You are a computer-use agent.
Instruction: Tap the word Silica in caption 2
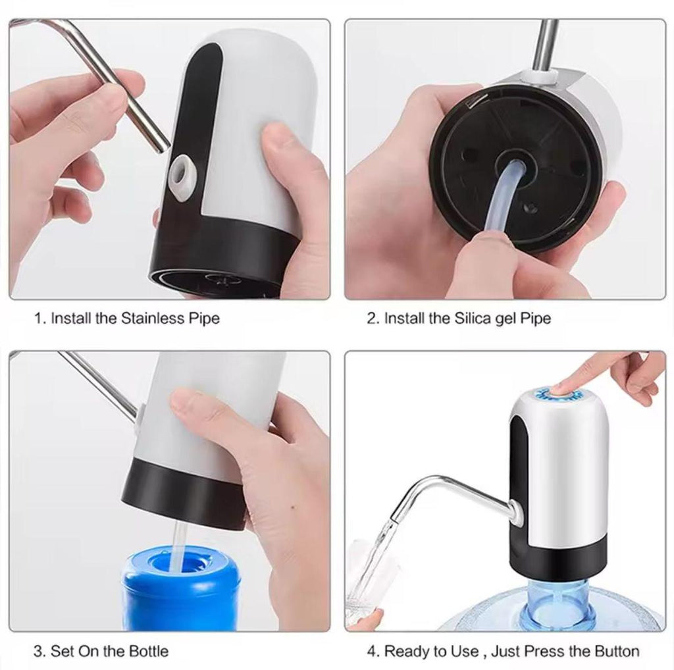[471, 319]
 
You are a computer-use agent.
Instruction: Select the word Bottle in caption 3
[146, 652]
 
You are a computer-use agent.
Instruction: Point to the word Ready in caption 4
[405, 652]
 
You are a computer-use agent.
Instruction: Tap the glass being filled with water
[369, 579]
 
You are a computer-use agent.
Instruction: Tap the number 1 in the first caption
[38, 319]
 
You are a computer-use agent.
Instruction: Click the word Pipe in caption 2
[536, 319]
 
